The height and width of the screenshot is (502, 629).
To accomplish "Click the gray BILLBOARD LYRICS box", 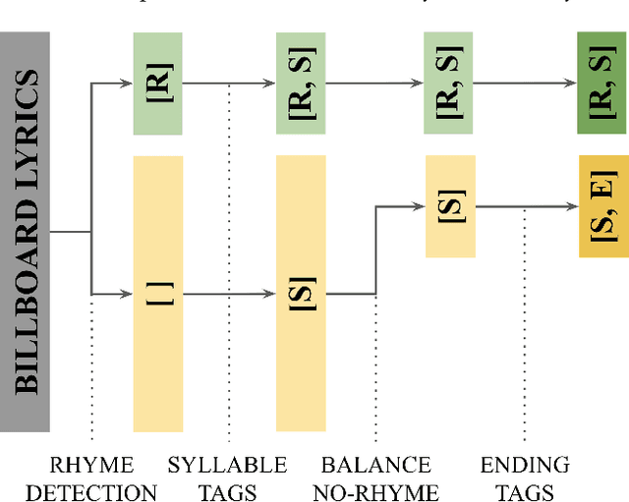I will (25, 232).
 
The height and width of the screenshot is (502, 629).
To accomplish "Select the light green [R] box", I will (157, 84).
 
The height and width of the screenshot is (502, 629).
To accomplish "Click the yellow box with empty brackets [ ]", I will (157, 293).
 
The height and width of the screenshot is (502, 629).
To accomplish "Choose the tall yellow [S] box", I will (302, 293).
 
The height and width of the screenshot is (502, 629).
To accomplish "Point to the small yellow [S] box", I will (450, 206).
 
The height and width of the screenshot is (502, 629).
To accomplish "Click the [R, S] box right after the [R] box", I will (302, 84).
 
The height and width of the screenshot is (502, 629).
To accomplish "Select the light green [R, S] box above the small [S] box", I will (450, 84).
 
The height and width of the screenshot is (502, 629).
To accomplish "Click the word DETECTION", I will (90, 492).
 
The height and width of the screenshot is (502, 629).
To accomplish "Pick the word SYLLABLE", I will (227, 465).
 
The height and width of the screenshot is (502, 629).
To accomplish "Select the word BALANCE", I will (375, 465).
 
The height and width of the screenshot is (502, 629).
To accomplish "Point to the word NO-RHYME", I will (375, 492).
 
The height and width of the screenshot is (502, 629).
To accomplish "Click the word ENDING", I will (525, 465).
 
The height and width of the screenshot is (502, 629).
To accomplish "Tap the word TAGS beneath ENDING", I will (525, 492).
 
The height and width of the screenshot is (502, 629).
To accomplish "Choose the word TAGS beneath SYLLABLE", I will (227, 492).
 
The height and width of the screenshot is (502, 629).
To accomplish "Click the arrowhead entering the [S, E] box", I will (573, 206).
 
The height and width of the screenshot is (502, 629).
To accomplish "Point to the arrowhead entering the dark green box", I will (573, 84).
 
